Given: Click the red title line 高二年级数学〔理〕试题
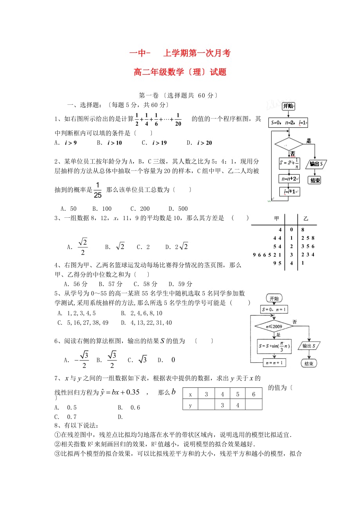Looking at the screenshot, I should (x=180, y=72).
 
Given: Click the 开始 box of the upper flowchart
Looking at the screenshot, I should (x=288, y=106).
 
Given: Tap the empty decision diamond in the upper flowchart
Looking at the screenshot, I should (x=289, y=144).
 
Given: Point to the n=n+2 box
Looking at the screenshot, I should (x=289, y=179).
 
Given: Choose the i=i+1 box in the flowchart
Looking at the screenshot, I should (x=290, y=192).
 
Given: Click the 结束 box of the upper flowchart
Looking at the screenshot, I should (x=315, y=180).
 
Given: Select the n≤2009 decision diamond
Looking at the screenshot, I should (x=273, y=326).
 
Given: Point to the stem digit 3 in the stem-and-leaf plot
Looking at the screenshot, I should (x=292, y=255).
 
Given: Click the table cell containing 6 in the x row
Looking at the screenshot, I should (x=254, y=394).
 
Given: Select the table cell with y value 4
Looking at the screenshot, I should (x=238, y=405).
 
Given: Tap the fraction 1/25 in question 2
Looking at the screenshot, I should (x=97, y=190).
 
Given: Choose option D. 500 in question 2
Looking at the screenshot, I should (x=178, y=209).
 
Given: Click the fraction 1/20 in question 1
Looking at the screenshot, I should (x=178, y=120).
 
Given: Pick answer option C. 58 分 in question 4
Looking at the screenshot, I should (x=146, y=284).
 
